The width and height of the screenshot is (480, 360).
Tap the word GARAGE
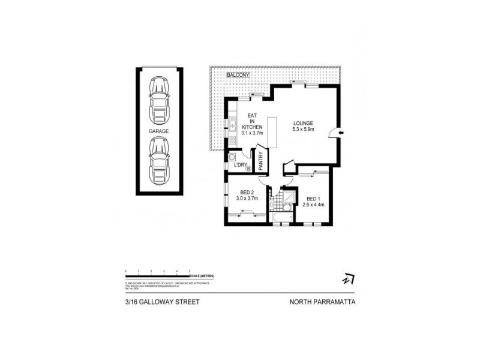click(x=159, y=130)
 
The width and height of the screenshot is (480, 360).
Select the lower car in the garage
click(x=159, y=159)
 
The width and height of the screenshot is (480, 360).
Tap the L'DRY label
click(x=241, y=164)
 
